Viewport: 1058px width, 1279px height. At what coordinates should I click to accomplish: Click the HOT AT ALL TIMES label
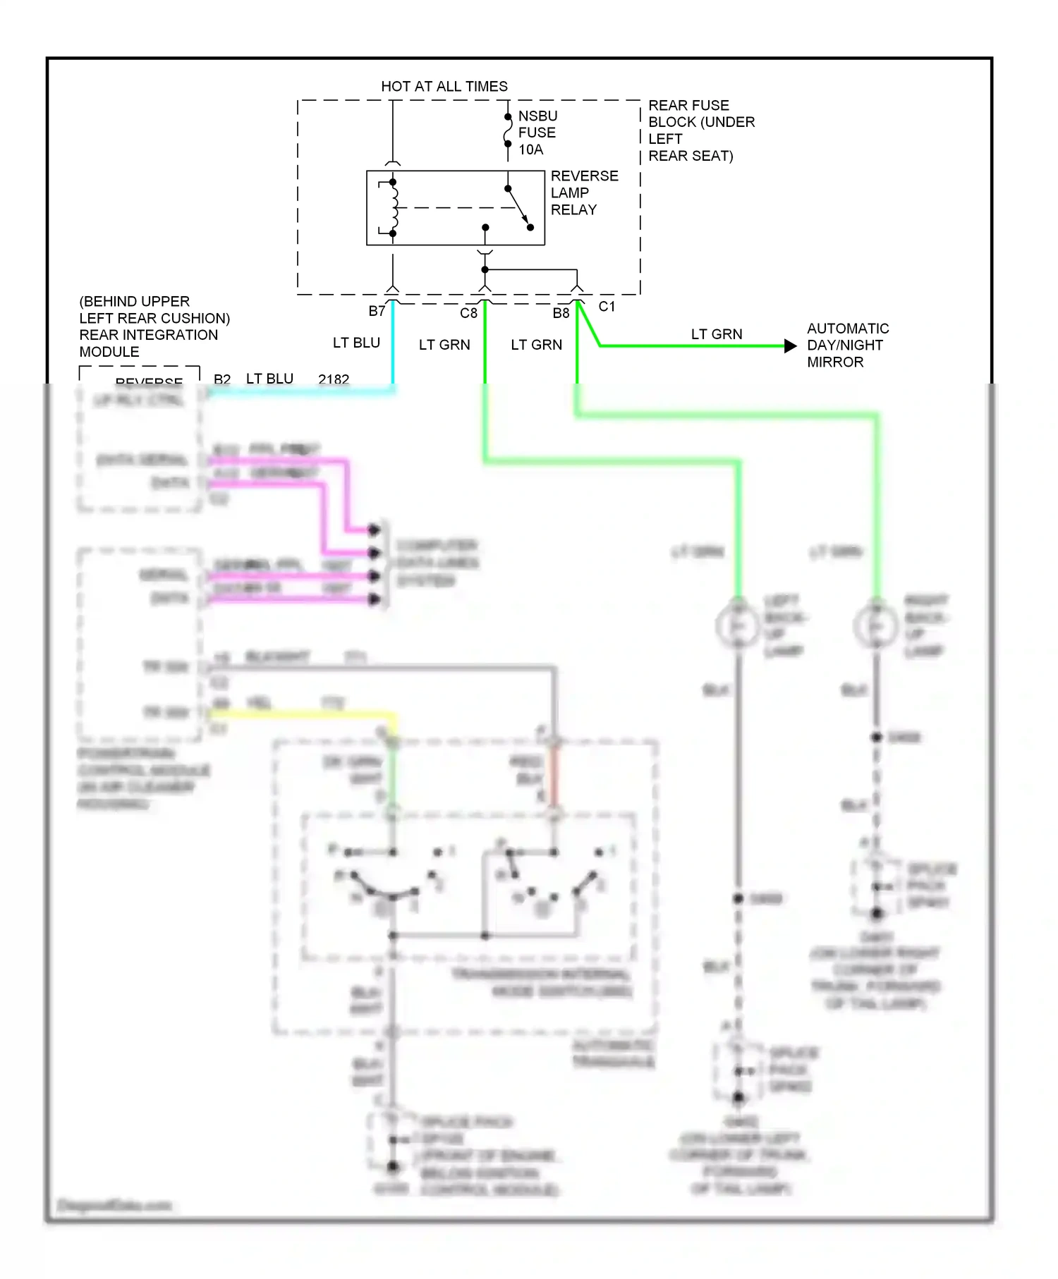[444, 86]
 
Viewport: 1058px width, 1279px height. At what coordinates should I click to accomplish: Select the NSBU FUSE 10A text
[537, 133]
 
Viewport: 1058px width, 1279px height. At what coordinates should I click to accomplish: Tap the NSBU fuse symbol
[508, 131]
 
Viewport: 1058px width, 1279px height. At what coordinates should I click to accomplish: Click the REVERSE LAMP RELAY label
[583, 192]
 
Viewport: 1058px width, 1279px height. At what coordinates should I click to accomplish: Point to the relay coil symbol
[394, 207]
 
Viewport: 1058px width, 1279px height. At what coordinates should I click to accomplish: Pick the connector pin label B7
[377, 311]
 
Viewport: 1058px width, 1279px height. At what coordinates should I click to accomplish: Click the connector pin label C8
[468, 313]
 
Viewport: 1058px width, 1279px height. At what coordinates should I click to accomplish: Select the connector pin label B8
[561, 313]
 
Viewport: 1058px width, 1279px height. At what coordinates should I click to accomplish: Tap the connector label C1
[607, 307]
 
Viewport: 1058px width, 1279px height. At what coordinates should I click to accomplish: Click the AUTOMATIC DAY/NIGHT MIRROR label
[847, 345]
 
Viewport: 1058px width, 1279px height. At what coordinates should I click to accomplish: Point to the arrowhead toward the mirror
[791, 345]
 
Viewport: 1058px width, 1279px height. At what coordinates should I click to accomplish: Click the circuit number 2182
[334, 379]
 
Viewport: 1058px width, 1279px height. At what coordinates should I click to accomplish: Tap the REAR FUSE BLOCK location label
[700, 130]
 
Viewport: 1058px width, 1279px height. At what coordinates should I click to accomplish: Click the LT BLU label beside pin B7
[356, 343]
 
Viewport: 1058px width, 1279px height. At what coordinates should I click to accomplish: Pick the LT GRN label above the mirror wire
[716, 334]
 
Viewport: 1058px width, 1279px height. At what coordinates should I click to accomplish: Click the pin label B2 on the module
[222, 379]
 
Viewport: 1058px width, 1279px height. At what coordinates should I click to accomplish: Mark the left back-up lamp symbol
[737, 625]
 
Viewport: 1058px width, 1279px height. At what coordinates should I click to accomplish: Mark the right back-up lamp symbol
[875, 625]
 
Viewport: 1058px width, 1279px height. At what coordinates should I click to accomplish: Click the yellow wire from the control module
[303, 714]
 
